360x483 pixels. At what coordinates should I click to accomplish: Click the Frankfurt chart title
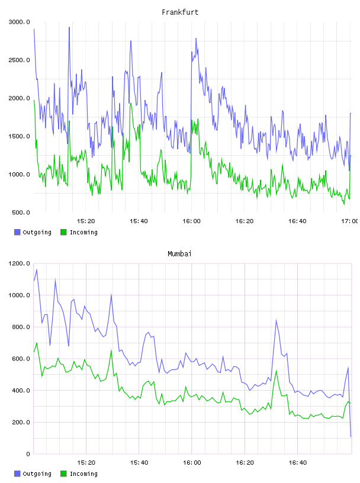click(x=180, y=12)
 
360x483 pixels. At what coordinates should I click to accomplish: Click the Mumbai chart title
click(x=179, y=254)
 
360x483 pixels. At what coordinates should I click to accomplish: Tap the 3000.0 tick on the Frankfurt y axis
click(x=20, y=22)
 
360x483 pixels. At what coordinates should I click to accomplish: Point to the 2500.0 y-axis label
click(x=20, y=60)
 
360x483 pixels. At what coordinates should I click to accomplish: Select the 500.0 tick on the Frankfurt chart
click(x=21, y=212)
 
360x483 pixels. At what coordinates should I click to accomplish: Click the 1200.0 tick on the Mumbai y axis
click(x=20, y=263)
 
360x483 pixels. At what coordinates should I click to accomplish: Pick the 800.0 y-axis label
click(x=21, y=327)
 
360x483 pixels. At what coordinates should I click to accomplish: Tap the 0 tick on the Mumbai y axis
click(x=28, y=454)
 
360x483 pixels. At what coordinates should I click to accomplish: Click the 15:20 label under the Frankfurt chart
click(x=86, y=221)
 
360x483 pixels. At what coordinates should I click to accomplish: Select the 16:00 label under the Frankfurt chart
click(x=191, y=221)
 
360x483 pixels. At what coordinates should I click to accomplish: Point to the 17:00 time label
click(x=349, y=221)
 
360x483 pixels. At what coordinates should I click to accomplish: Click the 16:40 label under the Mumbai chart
click(x=298, y=463)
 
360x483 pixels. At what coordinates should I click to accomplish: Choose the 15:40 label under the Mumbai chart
click(x=139, y=463)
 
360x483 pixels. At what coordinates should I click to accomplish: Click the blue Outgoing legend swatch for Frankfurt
click(x=17, y=232)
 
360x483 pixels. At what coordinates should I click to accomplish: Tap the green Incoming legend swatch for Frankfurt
click(x=63, y=232)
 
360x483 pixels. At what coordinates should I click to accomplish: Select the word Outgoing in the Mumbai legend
click(x=37, y=474)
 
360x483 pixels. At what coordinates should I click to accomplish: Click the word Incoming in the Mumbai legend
click(x=83, y=474)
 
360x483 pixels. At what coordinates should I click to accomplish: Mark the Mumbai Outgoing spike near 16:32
click(x=276, y=320)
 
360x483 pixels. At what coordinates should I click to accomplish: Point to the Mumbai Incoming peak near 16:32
click(x=276, y=371)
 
